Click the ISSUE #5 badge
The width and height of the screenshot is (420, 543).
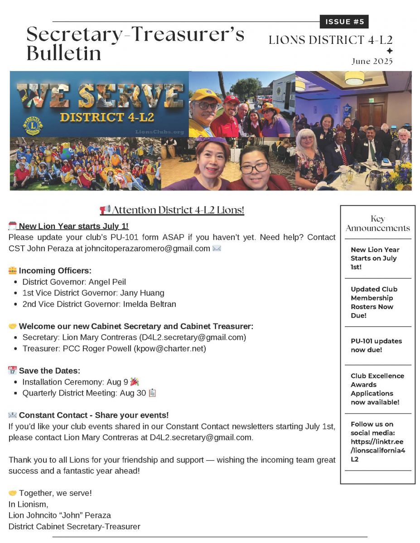click(344, 22)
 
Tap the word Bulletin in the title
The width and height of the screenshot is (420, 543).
click(63, 53)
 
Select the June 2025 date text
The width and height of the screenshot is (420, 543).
click(372, 61)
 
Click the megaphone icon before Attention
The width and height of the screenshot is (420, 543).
click(105, 210)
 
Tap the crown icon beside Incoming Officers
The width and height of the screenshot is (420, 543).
click(13, 271)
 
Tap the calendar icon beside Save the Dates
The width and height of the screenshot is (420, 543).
click(13, 371)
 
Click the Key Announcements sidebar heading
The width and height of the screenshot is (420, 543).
click(377, 223)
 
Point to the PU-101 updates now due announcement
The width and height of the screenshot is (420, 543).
click(376, 345)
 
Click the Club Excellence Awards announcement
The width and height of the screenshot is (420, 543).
click(377, 389)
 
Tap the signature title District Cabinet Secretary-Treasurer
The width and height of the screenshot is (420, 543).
click(74, 526)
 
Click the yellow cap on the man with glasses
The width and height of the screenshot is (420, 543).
click(205, 95)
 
